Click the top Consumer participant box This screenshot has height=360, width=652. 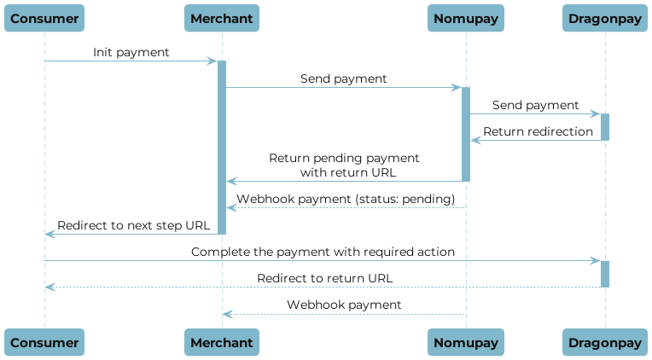[x=45, y=18]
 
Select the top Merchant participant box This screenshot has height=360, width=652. [x=222, y=18]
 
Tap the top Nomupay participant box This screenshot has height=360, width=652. [x=466, y=18]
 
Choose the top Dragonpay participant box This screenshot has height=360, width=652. [x=605, y=18]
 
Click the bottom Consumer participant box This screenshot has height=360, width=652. [x=45, y=342]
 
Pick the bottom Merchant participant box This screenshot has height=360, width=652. [x=222, y=342]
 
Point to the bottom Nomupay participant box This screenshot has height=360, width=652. [x=466, y=342]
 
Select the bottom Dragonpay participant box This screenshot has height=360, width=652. [x=605, y=342]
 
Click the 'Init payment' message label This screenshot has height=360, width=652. [x=131, y=53]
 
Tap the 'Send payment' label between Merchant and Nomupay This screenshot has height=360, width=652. [x=343, y=78]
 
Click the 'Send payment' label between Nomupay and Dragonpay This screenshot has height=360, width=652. [x=535, y=105]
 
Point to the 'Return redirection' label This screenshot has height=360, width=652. [x=538, y=131]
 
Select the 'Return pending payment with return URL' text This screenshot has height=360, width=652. [x=345, y=165]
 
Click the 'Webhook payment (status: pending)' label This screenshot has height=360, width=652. [x=345, y=199]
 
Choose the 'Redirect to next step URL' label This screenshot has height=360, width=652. [x=132, y=225]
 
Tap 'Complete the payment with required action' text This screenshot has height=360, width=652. [x=323, y=252]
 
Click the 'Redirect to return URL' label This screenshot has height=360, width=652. [x=325, y=278]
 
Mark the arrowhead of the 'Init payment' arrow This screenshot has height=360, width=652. [x=213, y=61]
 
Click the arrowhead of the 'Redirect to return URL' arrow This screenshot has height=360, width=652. [x=49, y=287]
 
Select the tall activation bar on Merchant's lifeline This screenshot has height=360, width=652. [x=222, y=147]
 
